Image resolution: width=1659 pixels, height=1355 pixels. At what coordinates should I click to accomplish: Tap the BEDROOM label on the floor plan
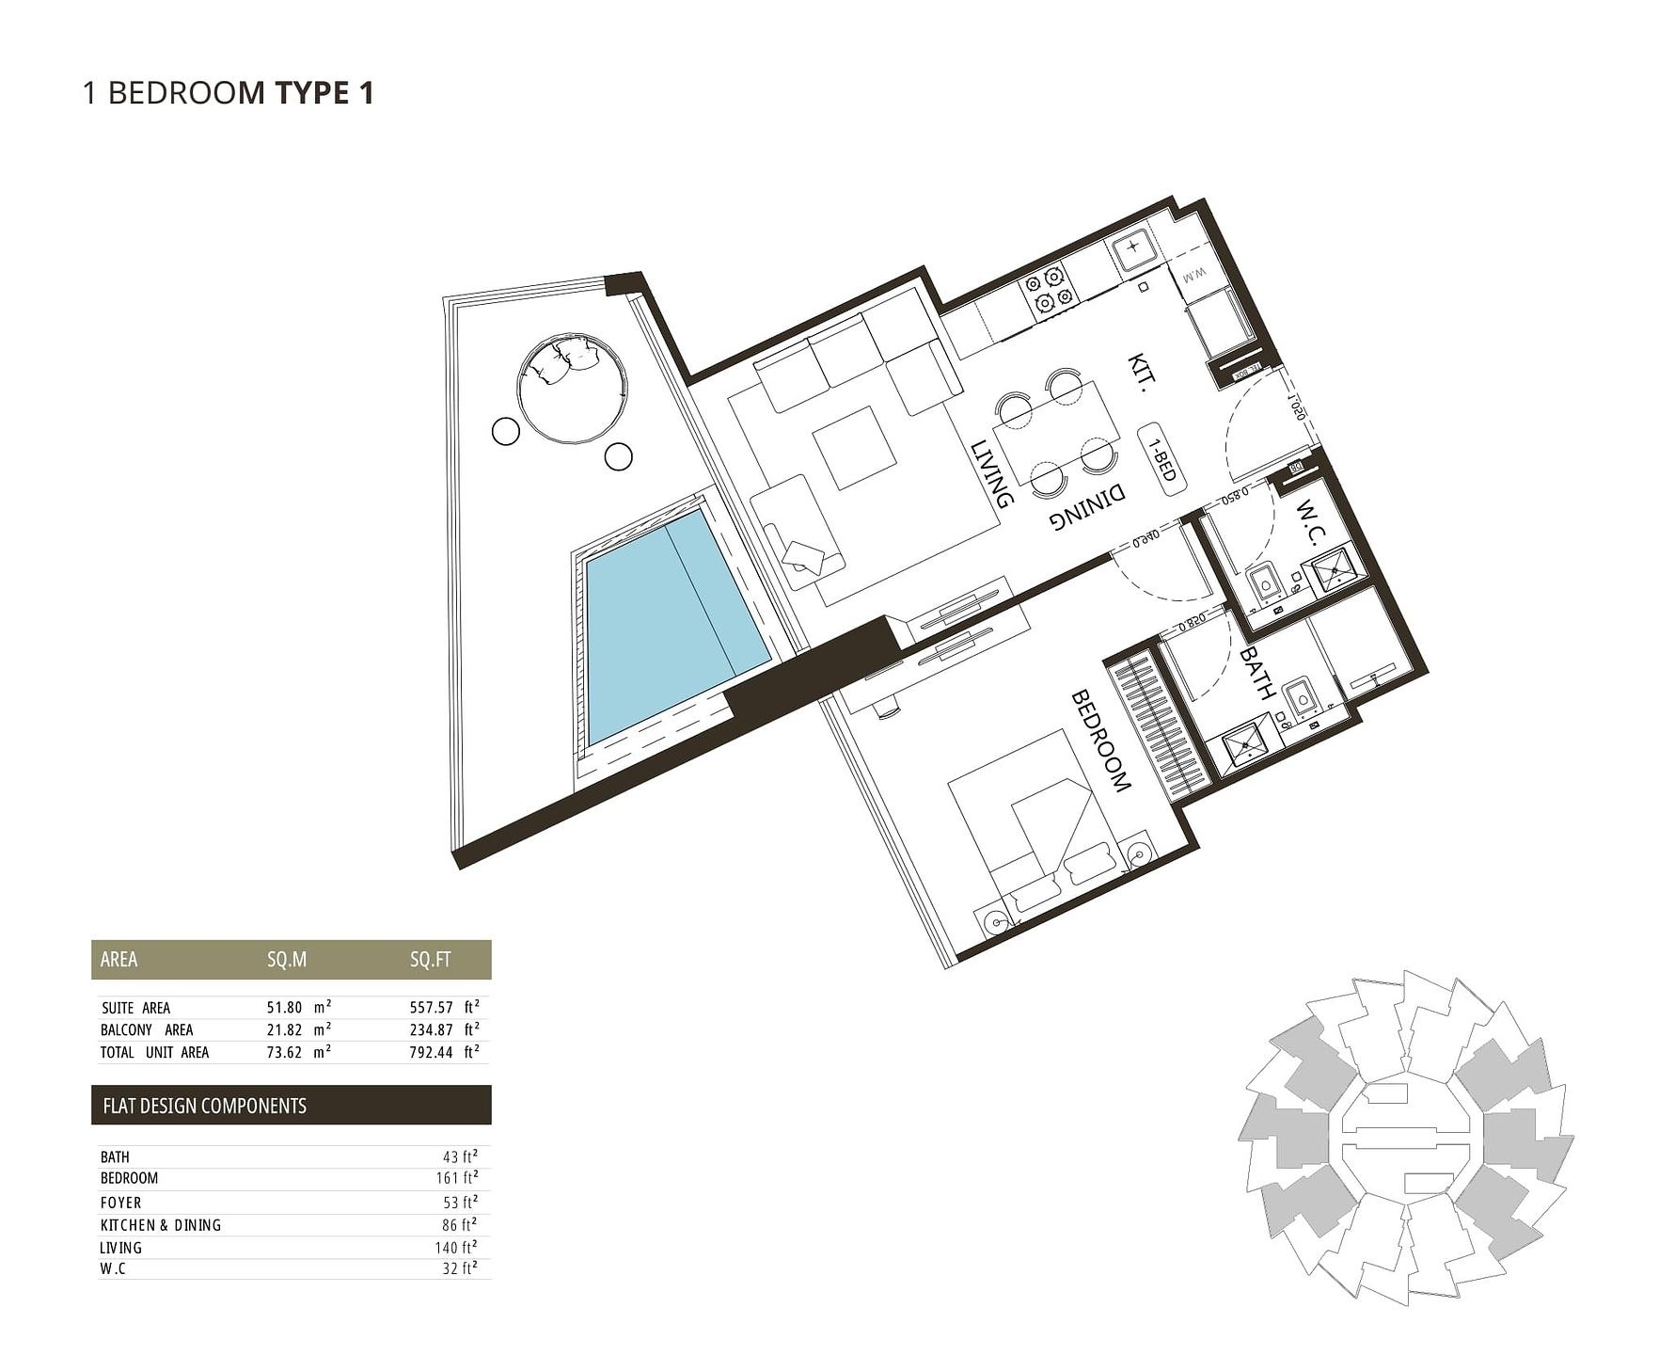(1100, 741)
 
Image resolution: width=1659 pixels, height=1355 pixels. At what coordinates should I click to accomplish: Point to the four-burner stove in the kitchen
(1049, 290)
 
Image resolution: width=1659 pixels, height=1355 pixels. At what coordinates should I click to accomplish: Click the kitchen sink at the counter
(1132, 248)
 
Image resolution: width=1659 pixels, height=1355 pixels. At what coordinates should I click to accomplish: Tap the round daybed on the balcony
(572, 387)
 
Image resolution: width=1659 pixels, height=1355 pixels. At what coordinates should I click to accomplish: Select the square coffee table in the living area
(854, 447)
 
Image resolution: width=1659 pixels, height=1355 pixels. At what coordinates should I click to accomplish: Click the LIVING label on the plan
(992, 473)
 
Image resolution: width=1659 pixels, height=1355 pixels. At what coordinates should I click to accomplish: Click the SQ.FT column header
(430, 960)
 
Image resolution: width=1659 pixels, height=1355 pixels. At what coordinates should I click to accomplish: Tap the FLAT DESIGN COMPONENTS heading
(204, 1106)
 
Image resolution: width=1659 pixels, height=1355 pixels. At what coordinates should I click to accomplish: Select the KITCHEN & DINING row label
(160, 1225)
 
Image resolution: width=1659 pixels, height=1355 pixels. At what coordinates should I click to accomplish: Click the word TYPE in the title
(310, 93)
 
